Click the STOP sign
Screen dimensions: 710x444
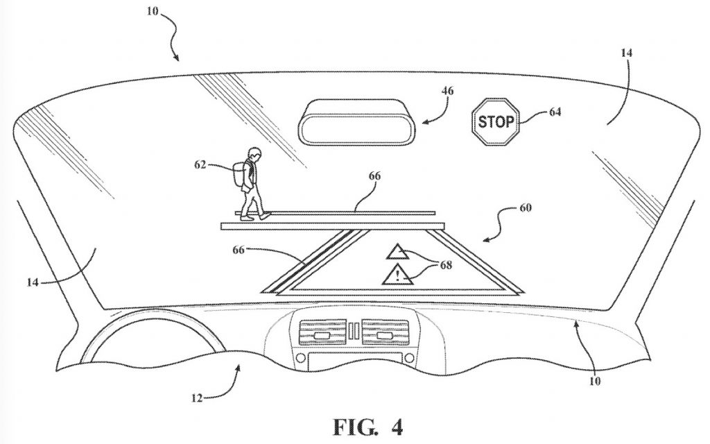tap(495, 122)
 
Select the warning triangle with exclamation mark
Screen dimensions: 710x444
tap(397, 275)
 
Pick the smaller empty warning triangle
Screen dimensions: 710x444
tap(397, 252)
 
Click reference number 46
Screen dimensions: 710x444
tap(447, 91)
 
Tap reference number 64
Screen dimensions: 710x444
tap(555, 112)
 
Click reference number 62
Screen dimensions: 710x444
tap(200, 165)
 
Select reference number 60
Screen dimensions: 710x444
tap(526, 207)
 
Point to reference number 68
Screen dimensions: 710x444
tap(446, 264)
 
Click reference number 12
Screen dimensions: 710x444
tap(197, 398)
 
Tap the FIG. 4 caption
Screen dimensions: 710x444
tap(367, 427)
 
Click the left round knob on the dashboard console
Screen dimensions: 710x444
tap(300, 359)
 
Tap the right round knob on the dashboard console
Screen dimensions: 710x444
tap(409, 359)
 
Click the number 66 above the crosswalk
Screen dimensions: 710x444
tap(374, 176)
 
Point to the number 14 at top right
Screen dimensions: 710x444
tap(626, 53)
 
